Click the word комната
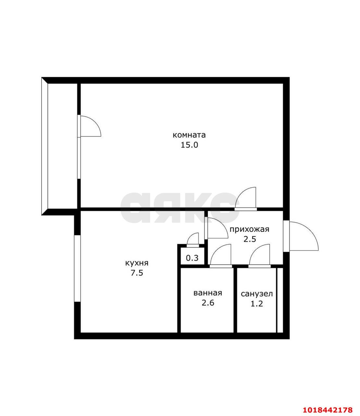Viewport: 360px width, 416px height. point(189,135)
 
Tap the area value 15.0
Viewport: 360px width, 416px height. point(189,145)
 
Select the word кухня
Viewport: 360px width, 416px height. point(137,264)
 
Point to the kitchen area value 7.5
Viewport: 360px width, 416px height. point(137,273)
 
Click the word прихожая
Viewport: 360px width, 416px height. point(249,229)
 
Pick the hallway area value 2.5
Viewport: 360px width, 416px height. point(250,239)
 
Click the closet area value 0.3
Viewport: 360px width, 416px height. point(192,258)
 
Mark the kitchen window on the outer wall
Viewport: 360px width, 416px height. point(77,268)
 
